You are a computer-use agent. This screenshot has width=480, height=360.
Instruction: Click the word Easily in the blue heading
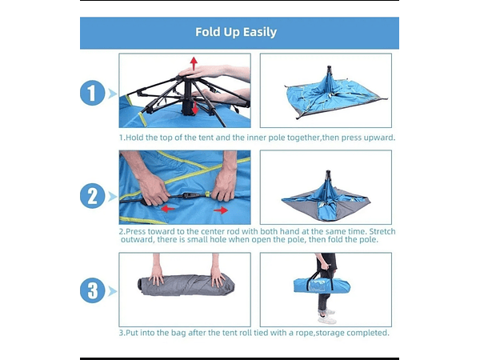(x=259, y=32)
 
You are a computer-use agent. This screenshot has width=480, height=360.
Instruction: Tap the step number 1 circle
(x=92, y=93)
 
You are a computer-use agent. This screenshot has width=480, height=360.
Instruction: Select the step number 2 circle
(x=92, y=196)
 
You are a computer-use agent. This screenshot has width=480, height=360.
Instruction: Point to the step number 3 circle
(x=92, y=290)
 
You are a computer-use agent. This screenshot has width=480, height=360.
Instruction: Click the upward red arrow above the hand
(x=194, y=62)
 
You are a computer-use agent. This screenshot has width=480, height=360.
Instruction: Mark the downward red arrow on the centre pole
(x=195, y=108)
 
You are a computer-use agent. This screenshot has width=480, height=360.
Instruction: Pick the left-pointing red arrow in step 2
(x=168, y=209)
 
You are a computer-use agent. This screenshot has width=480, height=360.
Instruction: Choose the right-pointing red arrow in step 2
(x=221, y=210)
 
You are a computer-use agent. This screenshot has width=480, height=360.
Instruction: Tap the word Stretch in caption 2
(x=382, y=231)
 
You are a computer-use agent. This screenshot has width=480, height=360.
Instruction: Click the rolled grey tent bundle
(x=186, y=285)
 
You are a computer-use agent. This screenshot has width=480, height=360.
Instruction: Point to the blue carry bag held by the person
(x=322, y=286)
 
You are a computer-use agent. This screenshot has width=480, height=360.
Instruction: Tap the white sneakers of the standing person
(x=327, y=317)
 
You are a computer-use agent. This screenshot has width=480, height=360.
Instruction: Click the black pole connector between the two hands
(x=187, y=195)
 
